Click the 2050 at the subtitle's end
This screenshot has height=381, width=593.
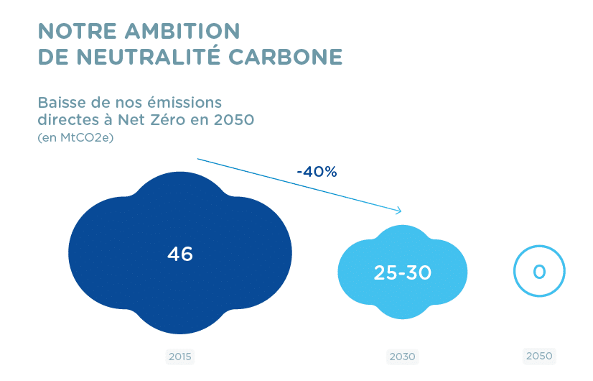(233, 119)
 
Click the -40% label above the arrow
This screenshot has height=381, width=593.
(317, 172)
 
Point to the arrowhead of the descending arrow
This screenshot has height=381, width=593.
(398, 211)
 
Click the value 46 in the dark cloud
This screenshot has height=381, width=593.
(180, 254)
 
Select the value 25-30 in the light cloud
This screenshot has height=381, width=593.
(402, 272)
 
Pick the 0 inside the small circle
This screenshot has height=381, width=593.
(539, 272)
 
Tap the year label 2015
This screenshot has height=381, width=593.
(181, 357)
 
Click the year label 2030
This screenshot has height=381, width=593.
(402, 357)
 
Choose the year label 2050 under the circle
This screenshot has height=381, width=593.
(539, 356)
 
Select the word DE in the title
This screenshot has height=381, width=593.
(52, 57)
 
